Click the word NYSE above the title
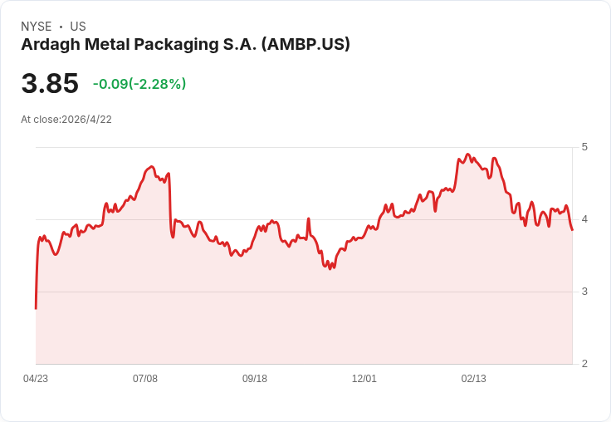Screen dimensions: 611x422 [x=37, y=27]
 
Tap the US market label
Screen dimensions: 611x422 [x=78, y=27]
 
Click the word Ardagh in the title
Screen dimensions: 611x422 [x=51, y=45]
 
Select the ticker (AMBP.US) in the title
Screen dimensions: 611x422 [x=305, y=44]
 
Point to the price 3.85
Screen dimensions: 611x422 [x=50, y=83]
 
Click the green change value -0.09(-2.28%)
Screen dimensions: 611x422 [x=139, y=84]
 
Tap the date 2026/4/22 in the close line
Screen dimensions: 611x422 [x=86, y=120]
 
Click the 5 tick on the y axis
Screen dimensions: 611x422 [x=584, y=147]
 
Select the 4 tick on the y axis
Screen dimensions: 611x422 [x=584, y=219]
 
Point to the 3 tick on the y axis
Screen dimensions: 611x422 [x=584, y=292]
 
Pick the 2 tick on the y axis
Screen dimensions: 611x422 [x=584, y=364]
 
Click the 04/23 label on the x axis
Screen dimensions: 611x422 [x=36, y=378]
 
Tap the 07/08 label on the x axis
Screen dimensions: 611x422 [x=145, y=378]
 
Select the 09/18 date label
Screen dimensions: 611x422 [x=255, y=378]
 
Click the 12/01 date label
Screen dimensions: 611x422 [x=364, y=378]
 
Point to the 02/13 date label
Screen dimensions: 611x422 [x=473, y=378]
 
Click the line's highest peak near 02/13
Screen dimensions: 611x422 [x=468, y=154]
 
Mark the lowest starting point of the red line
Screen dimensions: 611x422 [x=36, y=308]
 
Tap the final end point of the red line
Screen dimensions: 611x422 [x=572, y=230]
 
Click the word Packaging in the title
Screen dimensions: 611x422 [x=176, y=45]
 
